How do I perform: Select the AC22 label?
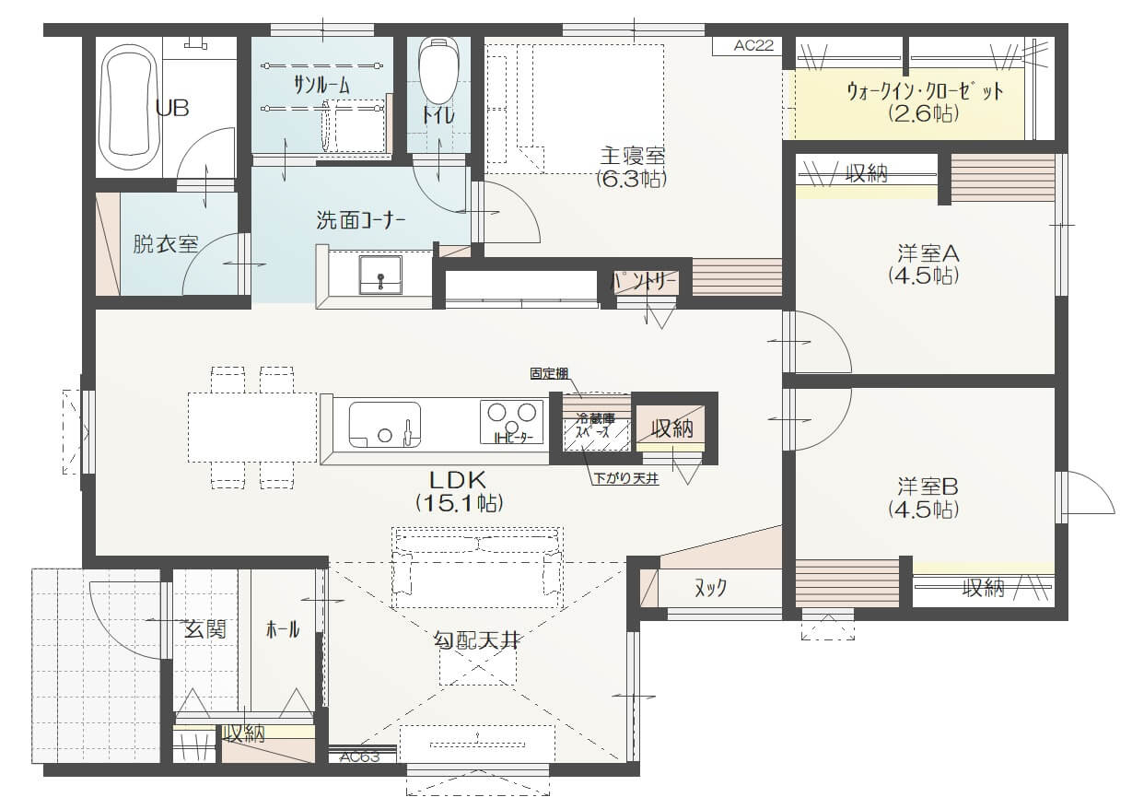pos(753,45)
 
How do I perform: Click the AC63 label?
pos(359,756)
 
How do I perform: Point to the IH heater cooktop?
pos(511,422)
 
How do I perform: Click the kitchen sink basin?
pos(385,425)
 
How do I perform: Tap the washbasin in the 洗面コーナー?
pos(380,276)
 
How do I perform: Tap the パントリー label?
pos(645,281)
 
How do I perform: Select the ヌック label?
pos(710,588)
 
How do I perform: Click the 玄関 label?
pos(204,629)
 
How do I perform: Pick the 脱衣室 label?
pos(165,244)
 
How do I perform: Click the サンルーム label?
pos(321,86)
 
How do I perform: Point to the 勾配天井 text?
pos(476,640)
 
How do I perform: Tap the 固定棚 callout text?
pos(549,374)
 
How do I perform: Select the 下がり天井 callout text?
pos(626,478)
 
